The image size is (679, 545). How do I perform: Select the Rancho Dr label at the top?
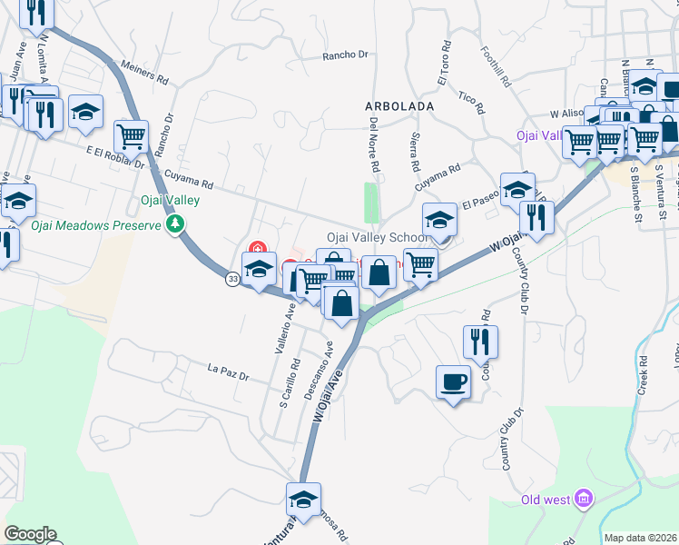tap(346, 55)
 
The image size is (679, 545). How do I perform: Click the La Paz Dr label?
tap(227, 370)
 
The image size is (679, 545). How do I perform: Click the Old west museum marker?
tap(584, 499)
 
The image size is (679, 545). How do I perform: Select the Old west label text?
tap(546, 500)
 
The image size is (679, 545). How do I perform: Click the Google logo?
tap(30, 534)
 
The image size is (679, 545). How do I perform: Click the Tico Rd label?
tap(471, 101)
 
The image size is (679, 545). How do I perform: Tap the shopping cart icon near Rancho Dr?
tap(131, 137)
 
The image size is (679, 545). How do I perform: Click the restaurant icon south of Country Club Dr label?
tap(479, 341)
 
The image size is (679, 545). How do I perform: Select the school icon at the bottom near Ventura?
tap(303, 498)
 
